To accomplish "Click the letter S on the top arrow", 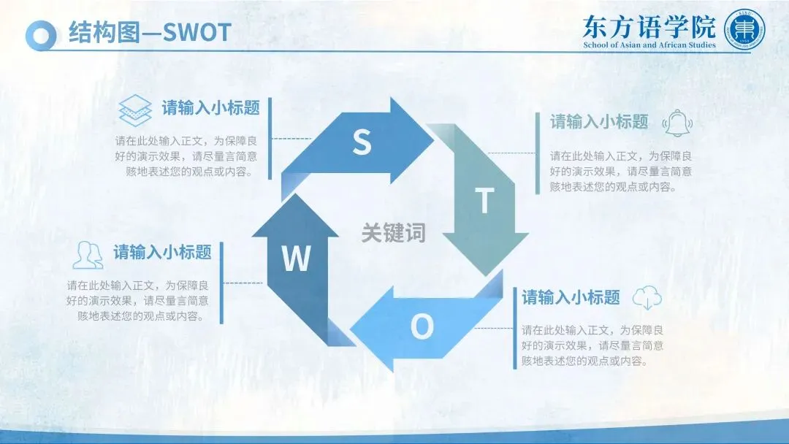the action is [x=362, y=142].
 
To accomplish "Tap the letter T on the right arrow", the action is [x=484, y=201].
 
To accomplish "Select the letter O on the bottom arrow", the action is [x=422, y=327].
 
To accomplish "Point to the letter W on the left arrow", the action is [x=296, y=259].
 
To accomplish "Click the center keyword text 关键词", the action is [x=393, y=233].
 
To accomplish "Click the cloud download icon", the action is [x=647, y=297].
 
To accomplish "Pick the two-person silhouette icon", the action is [x=88, y=254].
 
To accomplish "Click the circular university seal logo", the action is [x=745, y=30].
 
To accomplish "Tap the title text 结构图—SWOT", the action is [x=150, y=33].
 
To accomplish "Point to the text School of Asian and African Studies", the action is [x=649, y=45].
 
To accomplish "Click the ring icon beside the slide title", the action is [x=41, y=34].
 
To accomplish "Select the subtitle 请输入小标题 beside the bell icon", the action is [x=599, y=122].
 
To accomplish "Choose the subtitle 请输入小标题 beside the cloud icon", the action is [x=571, y=297].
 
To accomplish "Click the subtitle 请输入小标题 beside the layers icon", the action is [x=211, y=108].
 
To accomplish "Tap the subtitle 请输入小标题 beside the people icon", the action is [x=162, y=253].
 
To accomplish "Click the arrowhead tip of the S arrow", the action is [x=432, y=133].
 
